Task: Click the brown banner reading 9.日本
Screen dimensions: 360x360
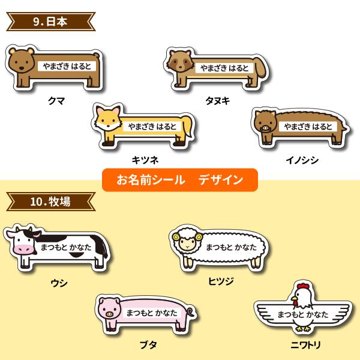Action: pos(50,23)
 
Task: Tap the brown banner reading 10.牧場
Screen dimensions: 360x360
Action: pos(50,202)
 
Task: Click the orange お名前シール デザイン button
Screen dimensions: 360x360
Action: pos(179,179)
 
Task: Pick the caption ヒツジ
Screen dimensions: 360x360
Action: pos(220,280)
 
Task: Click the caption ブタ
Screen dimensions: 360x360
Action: pos(145,345)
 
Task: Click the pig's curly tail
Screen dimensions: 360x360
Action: pos(190,311)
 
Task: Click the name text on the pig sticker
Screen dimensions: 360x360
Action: pos(151,313)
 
